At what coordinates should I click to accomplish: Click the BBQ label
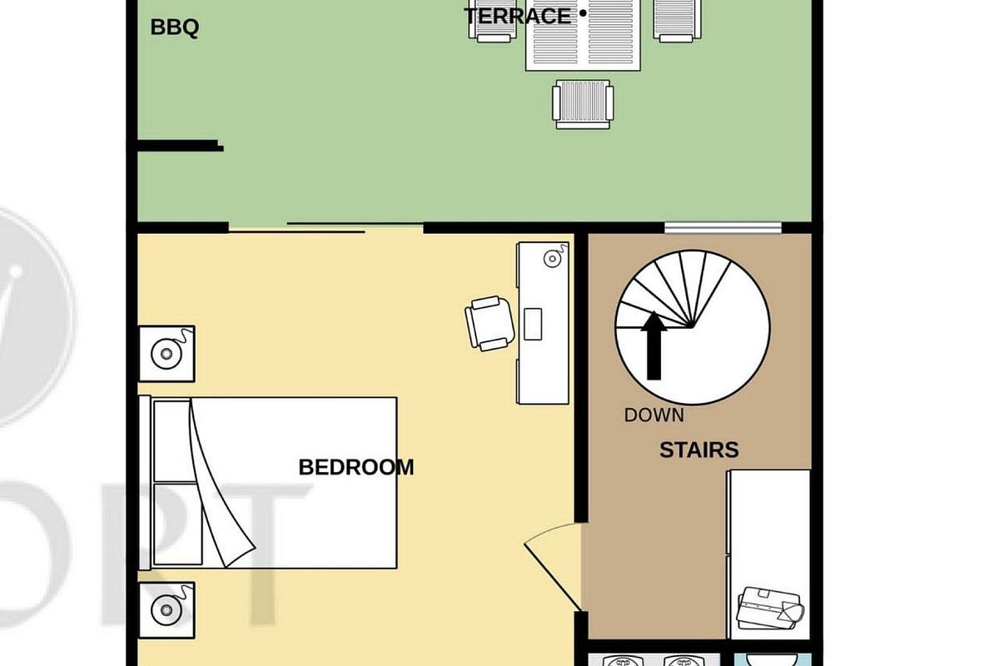[174, 27]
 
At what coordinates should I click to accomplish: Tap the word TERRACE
[518, 16]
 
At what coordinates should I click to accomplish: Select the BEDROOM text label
[355, 467]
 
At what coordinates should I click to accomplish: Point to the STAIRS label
[698, 450]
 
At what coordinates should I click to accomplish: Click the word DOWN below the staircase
[654, 415]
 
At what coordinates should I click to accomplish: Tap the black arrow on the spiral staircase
[654, 345]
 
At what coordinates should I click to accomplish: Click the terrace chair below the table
[583, 103]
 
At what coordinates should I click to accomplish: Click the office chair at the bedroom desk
[489, 323]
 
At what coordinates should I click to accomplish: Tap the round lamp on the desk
[553, 259]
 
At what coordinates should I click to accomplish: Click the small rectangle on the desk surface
[533, 324]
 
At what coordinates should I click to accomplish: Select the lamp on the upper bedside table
[167, 354]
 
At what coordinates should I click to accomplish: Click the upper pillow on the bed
[172, 440]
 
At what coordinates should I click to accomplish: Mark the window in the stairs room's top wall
[723, 227]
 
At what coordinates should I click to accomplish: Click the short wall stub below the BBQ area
[180, 147]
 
